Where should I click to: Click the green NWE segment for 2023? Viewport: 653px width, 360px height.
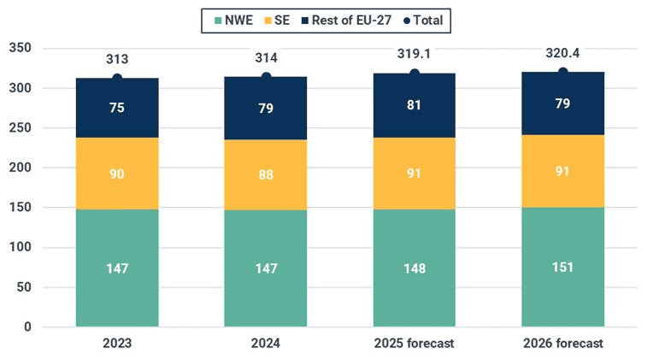117,269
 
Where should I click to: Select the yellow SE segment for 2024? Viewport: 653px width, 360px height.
266,174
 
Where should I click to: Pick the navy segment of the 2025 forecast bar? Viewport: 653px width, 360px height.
415,106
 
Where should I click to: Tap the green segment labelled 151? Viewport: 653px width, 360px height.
562,267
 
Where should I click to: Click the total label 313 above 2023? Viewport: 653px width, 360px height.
117,59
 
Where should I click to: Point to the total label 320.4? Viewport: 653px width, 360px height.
562,54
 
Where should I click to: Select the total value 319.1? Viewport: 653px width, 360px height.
415,55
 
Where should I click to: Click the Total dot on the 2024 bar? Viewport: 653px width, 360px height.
266,77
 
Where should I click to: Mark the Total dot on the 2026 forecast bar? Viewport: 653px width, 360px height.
562,72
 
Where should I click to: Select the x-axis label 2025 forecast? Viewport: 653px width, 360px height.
415,344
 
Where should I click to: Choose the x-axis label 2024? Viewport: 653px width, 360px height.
266,344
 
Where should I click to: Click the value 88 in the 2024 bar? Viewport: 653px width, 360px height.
266,174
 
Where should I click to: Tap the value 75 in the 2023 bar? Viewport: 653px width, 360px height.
117,108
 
